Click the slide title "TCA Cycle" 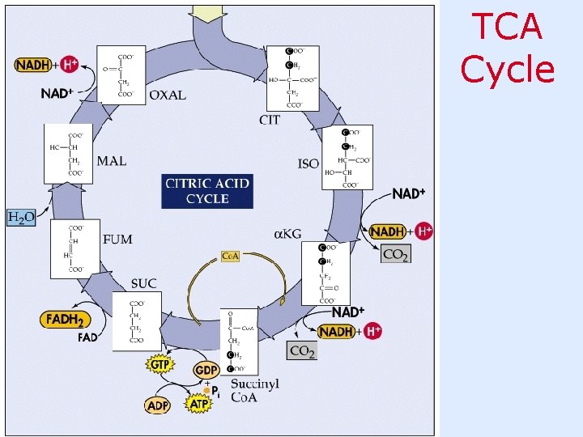click(x=508, y=49)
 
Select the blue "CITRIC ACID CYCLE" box click(x=207, y=191)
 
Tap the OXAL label click(x=168, y=95)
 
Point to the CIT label click(x=270, y=120)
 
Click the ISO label click(x=309, y=163)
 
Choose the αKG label click(x=287, y=234)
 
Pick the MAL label click(x=112, y=160)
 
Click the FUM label click(x=118, y=240)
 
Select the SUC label click(x=144, y=283)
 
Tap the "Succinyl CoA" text click(x=255, y=390)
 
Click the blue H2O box click(x=21, y=217)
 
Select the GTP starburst click(x=160, y=364)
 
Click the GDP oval click(x=206, y=369)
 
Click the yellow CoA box click(x=231, y=257)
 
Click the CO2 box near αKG click(x=395, y=254)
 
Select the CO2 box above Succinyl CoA click(x=301, y=351)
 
